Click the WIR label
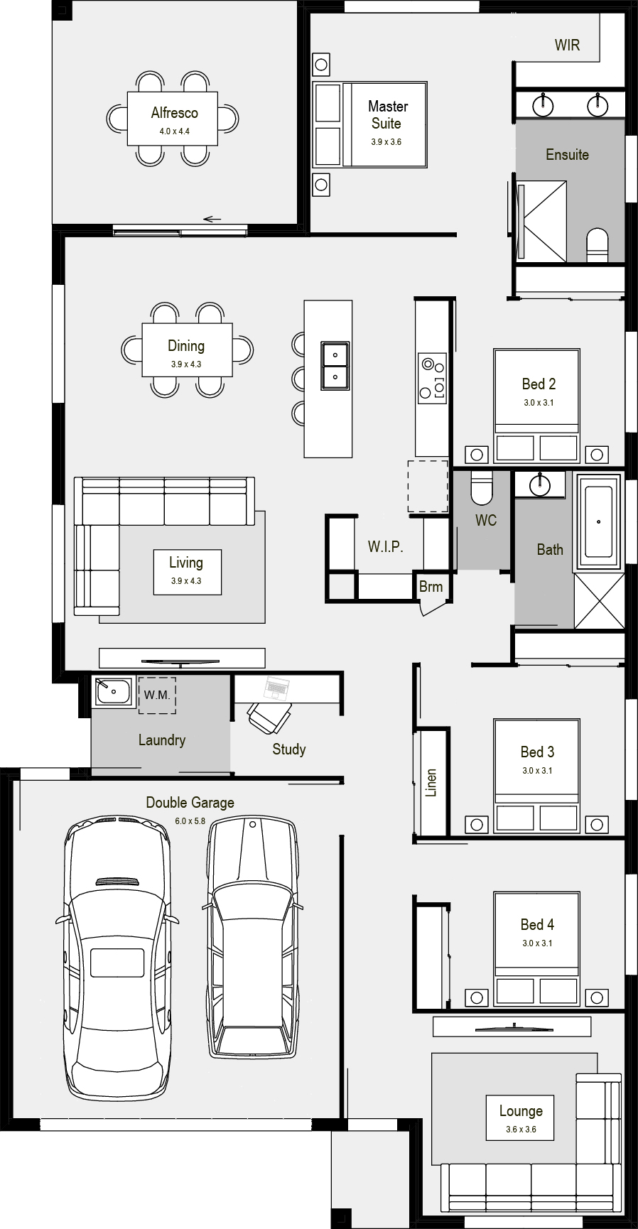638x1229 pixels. point(567,45)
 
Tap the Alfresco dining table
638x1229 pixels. point(173,119)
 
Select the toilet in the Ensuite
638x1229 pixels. point(598,244)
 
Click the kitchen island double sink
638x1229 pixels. point(334,366)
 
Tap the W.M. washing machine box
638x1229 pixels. point(157,695)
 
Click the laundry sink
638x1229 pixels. point(114,691)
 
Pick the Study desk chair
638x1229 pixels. point(270,717)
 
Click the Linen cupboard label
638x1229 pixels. point(431,782)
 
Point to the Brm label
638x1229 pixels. point(431,587)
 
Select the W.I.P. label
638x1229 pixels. point(385,546)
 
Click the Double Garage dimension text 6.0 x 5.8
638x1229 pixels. point(190,821)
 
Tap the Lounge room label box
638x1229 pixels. point(521,1117)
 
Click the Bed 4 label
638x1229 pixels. point(537,924)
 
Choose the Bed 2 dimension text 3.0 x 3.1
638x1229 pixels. point(539,403)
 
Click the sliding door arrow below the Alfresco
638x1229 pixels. point(212,219)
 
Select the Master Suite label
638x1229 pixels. point(387,114)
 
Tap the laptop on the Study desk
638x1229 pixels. point(276,687)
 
